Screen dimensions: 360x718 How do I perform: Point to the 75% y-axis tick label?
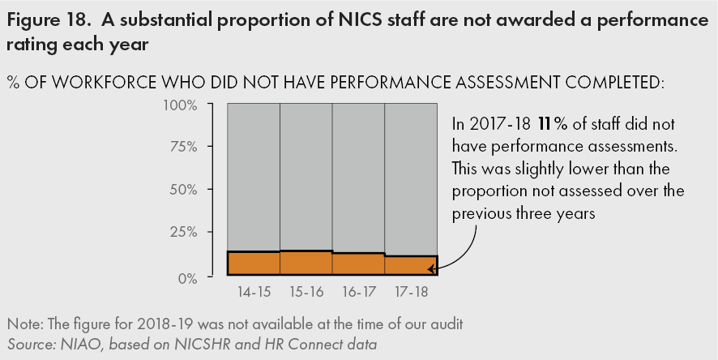182,147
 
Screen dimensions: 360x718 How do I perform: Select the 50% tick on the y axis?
182,189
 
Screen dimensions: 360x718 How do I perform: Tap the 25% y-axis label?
182,231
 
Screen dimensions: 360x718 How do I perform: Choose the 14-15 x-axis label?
254,291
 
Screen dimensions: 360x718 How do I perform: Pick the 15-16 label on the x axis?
306,291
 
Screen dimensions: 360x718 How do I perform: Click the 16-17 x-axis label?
358,291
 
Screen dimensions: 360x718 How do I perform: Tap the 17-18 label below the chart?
411,291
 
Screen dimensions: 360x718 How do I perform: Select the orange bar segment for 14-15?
254,264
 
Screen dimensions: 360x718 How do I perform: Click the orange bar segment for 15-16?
306,263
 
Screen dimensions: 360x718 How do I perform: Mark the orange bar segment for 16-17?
358,264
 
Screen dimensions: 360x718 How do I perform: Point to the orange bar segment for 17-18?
411,266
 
